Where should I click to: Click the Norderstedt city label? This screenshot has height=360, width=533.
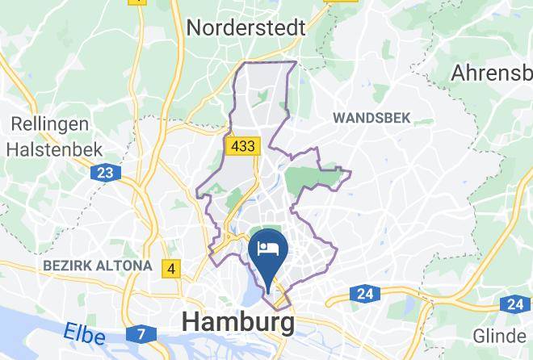pyautogui.click(x=246, y=27)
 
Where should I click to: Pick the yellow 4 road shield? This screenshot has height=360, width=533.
pyautogui.click(x=170, y=268)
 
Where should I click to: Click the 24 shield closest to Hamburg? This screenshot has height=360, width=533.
pyautogui.click(x=367, y=294)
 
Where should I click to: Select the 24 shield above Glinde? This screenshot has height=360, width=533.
pyautogui.click(x=515, y=304)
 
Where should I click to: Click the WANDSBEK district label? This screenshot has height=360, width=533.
pyautogui.click(x=371, y=118)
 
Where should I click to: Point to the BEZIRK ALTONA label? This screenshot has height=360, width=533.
pyautogui.click(x=97, y=265)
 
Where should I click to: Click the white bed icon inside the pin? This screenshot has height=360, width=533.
pyautogui.click(x=266, y=244)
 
